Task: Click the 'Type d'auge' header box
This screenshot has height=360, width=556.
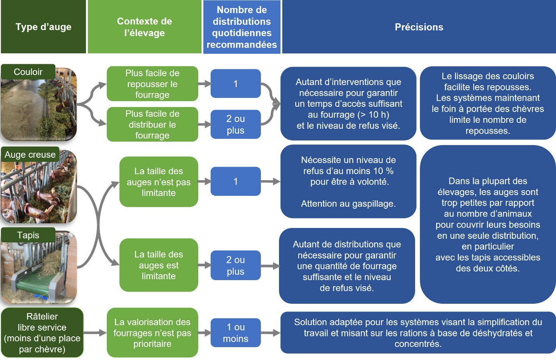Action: point(43,27)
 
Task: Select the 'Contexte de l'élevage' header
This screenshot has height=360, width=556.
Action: point(145,27)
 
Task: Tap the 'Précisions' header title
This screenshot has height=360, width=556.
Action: point(419,27)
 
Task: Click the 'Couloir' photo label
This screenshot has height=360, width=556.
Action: point(28,72)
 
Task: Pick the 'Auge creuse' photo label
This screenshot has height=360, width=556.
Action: point(30,155)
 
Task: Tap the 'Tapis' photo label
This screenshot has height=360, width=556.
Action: point(28,235)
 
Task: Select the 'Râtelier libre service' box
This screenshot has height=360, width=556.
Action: point(42,333)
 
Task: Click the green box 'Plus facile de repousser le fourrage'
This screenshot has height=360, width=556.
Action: point(152,84)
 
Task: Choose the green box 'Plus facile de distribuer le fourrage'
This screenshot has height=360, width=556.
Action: point(152,124)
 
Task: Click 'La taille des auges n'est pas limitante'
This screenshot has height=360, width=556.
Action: point(159,182)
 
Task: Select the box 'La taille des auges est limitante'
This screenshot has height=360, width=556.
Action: point(159,265)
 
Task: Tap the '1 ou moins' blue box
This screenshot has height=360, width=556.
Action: point(236,333)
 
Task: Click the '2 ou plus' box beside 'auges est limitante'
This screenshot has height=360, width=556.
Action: point(236,266)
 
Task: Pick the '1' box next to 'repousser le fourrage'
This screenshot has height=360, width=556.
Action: point(236,84)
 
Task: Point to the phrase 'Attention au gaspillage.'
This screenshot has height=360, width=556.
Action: point(348,204)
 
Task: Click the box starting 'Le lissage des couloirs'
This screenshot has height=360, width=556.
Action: point(487,103)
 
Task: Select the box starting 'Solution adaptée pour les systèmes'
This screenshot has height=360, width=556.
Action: point(418,333)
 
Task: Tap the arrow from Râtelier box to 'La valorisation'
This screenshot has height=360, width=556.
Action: point(95,333)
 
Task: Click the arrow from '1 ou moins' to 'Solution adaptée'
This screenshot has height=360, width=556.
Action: point(271,333)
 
